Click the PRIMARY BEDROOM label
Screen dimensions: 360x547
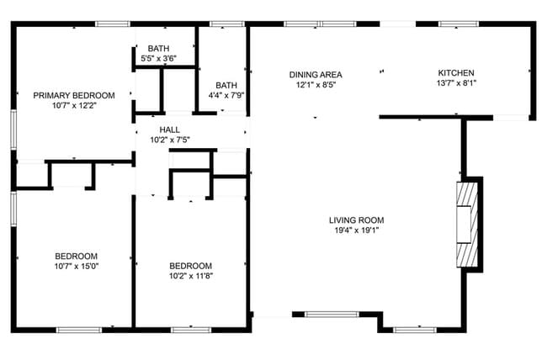[x=74, y=95]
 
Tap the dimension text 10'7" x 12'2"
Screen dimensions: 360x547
[x=74, y=106]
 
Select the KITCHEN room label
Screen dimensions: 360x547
[x=456, y=73]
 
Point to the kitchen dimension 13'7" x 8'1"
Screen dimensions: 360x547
[x=456, y=84]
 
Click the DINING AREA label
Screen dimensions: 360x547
[x=316, y=74]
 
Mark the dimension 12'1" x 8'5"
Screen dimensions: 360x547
[x=316, y=85]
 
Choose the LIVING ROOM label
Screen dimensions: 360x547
[x=356, y=220]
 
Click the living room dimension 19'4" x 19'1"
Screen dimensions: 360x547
[x=356, y=231]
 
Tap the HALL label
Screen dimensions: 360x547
[x=169, y=130]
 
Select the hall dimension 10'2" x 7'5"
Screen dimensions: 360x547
[x=169, y=140]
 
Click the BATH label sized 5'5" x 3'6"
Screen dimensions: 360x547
[x=157, y=48]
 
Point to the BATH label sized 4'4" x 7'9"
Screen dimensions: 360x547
[x=226, y=85]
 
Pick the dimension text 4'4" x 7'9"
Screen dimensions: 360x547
[x=226, y=96]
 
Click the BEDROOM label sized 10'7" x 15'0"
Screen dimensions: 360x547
[x=76, y=257]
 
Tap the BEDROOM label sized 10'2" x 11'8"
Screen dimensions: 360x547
[x=189, y=266]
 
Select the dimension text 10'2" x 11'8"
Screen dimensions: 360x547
[x=189, y=276]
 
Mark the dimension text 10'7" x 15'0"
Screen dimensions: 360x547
[x=76, y=267]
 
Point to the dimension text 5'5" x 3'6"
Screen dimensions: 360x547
[x=157, y=58]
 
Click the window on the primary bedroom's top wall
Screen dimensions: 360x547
[x=112, y=24]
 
